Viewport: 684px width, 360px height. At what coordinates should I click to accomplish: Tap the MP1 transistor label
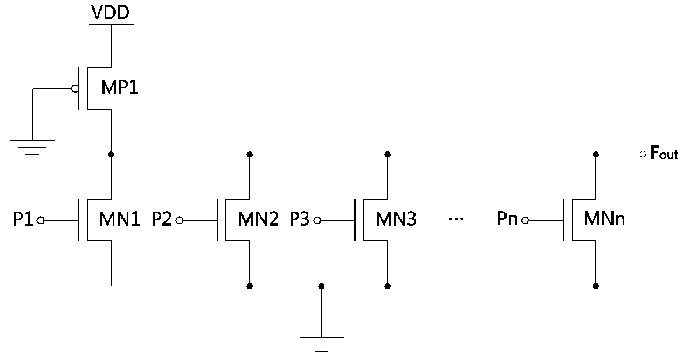pyautogui.click(x=119, y=88)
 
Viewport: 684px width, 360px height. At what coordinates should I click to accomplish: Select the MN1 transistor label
pyautogui.click(x=119, y=220)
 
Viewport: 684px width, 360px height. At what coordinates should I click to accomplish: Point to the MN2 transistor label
pyautogui.click(x=258, y=220)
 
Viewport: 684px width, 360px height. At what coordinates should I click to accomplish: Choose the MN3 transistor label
pyautogui.click(x=396, y=220)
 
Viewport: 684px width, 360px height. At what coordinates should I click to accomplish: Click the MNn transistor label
pyautogui.click(x=604, y=220)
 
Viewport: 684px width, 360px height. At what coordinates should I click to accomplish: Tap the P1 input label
pyautogui.click(x=23, y=220)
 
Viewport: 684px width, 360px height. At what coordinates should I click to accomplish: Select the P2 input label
pyautogui.click(x=162, y=220)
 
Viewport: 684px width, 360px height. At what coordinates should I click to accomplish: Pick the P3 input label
pyautogui.click(x=300, y=220)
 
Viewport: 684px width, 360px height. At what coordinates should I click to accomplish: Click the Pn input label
pyautogui.click(x=507, y=220)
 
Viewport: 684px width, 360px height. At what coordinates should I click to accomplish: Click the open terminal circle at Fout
pyautogui.click(x=643, y=155)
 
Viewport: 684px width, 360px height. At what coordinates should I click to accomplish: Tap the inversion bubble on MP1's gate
pyautogui.click(x=74, y=89)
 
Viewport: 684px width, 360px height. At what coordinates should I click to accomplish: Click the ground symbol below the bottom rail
pyautogui.click(x=321, y=344)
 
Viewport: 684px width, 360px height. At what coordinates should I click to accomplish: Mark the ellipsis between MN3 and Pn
pyautogui.click(x=456, y=220)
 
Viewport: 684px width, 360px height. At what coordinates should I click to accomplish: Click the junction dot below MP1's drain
pyautogui.click(x=111, y=155)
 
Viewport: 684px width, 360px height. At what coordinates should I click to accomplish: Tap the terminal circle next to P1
pyautogui.click(x=41, y=221)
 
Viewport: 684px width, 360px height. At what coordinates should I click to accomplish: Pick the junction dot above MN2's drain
pyautogui.click(x=250, y=155)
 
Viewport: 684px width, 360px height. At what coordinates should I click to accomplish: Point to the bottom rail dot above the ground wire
pyautogui.click(x=321, y=286)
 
